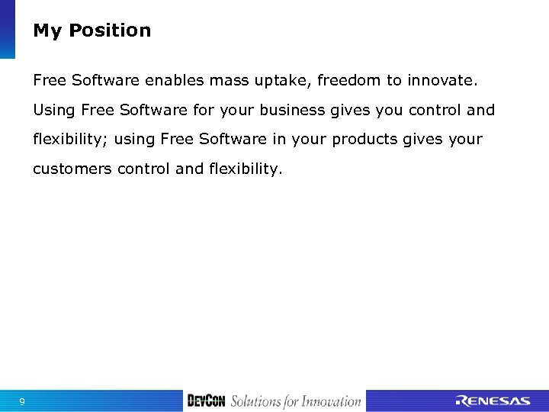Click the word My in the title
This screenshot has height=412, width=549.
(x=47, y=31)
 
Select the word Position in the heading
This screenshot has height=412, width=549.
(x=110, y=31)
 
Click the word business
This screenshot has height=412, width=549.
(x=293, y=110)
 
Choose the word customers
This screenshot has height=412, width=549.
(x=72, y=169)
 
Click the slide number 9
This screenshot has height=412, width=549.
(x=22, y=401)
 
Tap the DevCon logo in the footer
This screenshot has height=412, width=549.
(x=206, y=401)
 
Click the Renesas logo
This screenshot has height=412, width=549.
(x=493, y=401)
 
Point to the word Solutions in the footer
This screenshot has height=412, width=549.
(x=255, y=401)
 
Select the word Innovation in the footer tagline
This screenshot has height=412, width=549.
(x=330, y=401)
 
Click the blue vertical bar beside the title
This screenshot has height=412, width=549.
(x=7, y=29)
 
